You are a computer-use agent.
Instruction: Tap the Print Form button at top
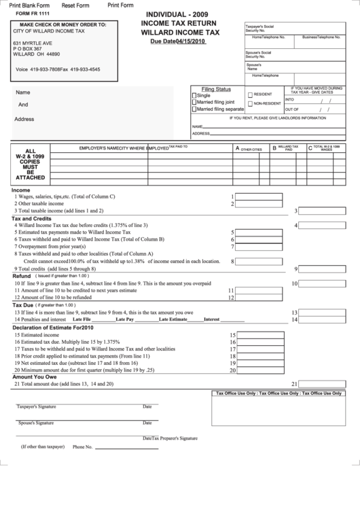(x=120, y=5)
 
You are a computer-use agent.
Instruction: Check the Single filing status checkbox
(x=195, y=96)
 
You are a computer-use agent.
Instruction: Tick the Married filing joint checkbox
(x=195, y=102)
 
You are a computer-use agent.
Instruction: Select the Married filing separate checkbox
(x=195, y=109)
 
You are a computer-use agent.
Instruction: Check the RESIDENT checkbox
(x=250, y=94)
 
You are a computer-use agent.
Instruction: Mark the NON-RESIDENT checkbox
(x=250, y=104)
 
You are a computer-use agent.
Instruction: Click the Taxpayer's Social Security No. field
(x=323, y=28)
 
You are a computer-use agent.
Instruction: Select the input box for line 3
(x=323, y=211)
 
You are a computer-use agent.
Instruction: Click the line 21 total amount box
(x=323, y=383)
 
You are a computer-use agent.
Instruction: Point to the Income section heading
(x=21, y=190)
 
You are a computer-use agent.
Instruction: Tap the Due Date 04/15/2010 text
(x=177, y=41)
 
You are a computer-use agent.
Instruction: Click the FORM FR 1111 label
(x=31, y=15)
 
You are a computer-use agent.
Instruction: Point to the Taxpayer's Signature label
(x=36, y=407)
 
